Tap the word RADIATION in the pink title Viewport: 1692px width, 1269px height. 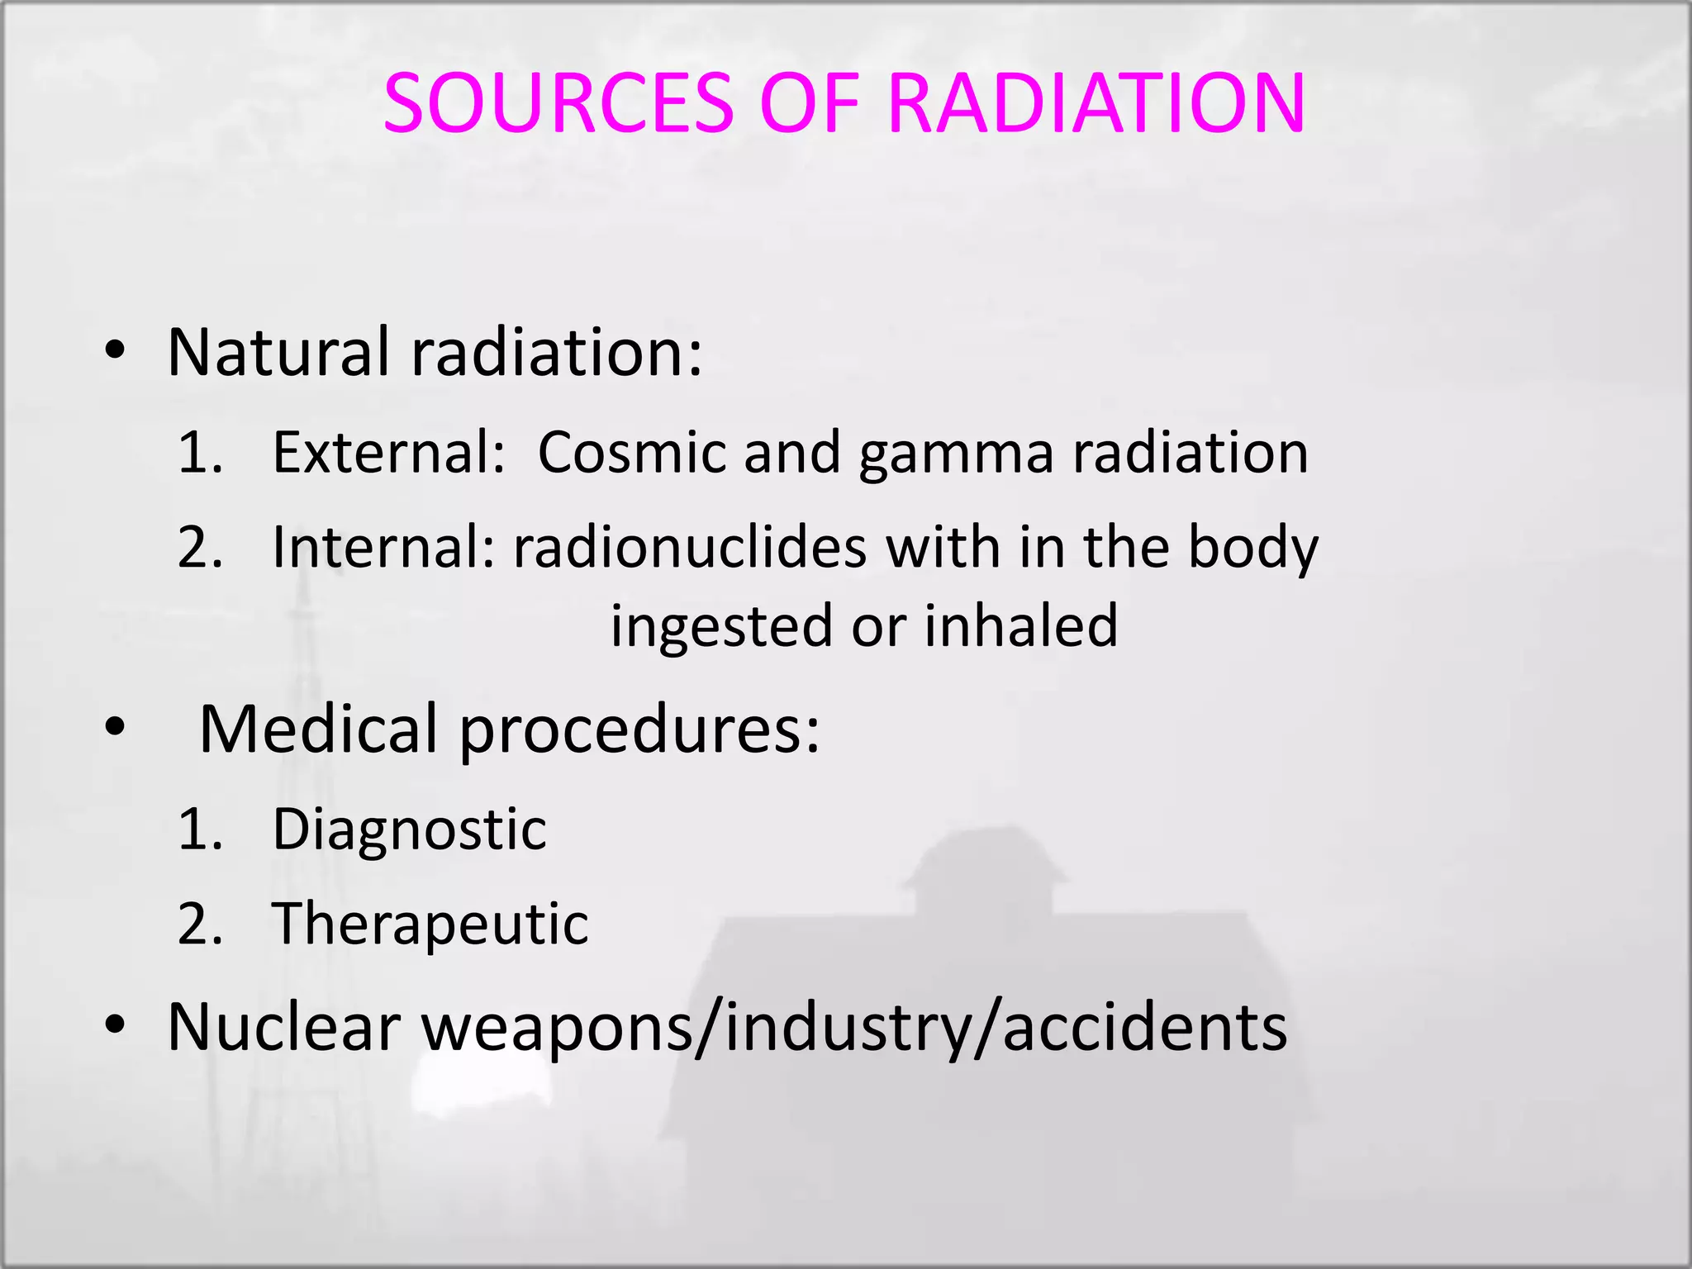pos(1097,103)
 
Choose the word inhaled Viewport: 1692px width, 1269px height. pos(1020,625)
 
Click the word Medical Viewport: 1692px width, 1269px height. pos(318,729)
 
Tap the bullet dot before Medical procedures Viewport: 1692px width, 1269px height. pos(115,727)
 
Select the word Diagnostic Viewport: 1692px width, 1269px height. pos(409,829)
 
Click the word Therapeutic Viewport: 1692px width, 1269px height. pos(430,924)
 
